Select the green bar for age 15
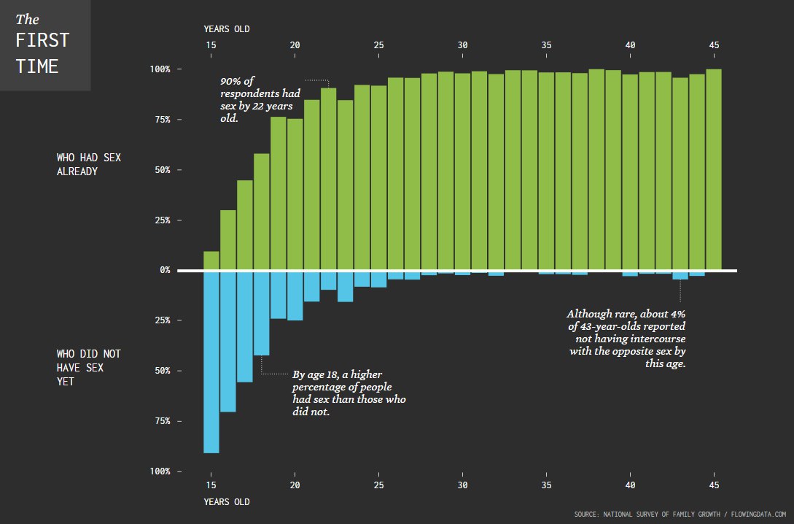(x=211, y=261)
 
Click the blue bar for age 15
(x=211, y=361)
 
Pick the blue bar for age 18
(x=262, y=313)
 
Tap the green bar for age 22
(x=329, y=179)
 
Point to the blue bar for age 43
(x=680, y=275)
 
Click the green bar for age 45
(x=714, y=169)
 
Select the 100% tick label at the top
(x=160, y=69)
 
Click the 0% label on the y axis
(x=165, y=270)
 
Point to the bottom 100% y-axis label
(x=160, y=471)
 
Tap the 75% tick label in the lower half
(x=162, y=421)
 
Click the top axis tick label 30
(x=462, y=45)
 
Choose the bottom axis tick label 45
(x=714, y=485)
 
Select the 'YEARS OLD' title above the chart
(x=227, y=29)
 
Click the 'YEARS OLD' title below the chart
(x=227, y=502)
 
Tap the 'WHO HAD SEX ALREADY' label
(x=87, y=164)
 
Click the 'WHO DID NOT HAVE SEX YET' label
(x=89, y=367)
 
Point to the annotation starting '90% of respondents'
(x=257, y=99)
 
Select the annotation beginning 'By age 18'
(x=349, y=393)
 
